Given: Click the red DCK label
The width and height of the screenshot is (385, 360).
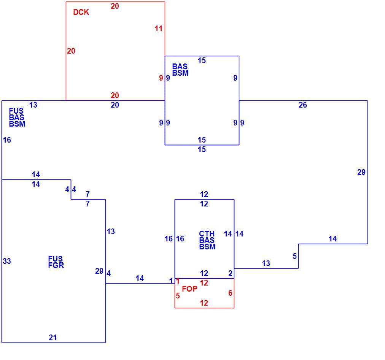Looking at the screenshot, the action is pos(81,12).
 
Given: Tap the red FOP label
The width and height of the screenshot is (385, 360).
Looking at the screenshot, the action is pos(189,289).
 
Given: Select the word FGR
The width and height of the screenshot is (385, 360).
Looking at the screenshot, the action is pos(56,265).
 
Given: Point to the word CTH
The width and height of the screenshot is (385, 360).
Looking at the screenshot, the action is pos(207,234).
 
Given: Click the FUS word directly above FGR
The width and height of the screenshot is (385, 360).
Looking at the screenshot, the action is pos(56,259).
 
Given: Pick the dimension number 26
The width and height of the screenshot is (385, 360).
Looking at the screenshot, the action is pos(303,105).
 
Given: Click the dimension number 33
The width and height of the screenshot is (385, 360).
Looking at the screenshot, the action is pos(7,261).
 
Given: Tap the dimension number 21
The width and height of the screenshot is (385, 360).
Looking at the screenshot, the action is pos(53,338).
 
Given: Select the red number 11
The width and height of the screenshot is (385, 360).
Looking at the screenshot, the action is pos(159,29).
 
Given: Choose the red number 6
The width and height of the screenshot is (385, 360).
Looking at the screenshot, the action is pos(230,293).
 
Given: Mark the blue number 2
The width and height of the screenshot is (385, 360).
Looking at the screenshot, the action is pos(230,273).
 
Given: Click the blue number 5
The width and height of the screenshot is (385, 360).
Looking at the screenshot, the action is pos(294,256).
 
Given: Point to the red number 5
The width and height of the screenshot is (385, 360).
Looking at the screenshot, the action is pos(178,296).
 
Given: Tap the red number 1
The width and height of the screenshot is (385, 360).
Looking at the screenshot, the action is pos(178,281).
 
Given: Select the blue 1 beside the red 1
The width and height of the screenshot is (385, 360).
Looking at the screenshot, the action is pos(171,281).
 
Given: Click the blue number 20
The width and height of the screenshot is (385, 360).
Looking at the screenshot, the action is pos(115,105).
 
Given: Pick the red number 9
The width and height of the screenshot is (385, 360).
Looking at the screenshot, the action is pos(161,78).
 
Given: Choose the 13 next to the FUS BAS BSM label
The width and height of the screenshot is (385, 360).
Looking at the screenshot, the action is pos(33,105).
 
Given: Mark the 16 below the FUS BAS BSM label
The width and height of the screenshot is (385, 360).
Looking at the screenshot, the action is pos(7,140).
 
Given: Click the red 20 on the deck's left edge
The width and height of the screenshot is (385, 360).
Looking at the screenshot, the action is pos(71,51).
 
